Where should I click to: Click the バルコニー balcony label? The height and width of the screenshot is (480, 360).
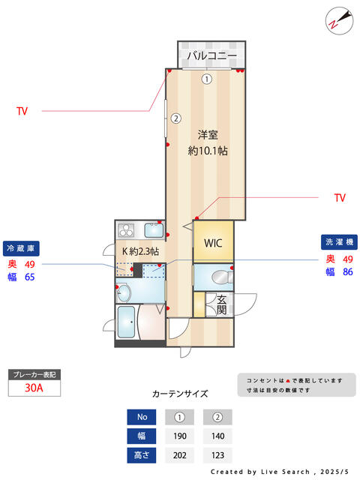(x=211, y=55)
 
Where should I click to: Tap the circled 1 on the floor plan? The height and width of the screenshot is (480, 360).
(x=207, y=79)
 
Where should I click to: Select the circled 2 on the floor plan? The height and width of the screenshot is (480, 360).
(x=175, y=118)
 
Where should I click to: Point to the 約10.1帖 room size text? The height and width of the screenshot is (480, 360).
(x=208, y=151)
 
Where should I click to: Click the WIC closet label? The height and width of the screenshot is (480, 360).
(x=213, y=243)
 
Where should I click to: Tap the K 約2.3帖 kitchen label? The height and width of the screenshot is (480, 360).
(x=140, y=251)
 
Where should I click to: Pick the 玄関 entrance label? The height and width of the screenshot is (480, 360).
(x=222, y=305)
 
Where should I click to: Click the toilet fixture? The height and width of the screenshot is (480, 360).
(x=222, y=277)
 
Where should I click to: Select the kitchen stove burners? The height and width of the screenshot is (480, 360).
(x=126, y=230)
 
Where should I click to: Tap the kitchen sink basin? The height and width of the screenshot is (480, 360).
(x=154, y=230)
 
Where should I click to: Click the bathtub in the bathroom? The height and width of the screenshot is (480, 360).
(x=126, y=322)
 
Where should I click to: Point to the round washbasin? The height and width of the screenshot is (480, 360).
(x=124, y=292)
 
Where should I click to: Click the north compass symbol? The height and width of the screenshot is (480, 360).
(x=339, y=21)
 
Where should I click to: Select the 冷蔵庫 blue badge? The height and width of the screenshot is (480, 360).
(x=21, y=248)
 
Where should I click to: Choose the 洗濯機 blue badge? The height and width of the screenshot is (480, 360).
(x=339, y=242)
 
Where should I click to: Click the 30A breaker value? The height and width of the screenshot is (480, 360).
(x=34, y=388)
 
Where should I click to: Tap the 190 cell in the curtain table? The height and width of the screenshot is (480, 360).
(x=180, y=436)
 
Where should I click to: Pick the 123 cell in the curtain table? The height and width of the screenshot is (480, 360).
(x=217, y=455)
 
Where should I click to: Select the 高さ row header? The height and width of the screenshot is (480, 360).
(x=142, y=455)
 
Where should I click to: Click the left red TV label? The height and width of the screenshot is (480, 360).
(x=22, y=111)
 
